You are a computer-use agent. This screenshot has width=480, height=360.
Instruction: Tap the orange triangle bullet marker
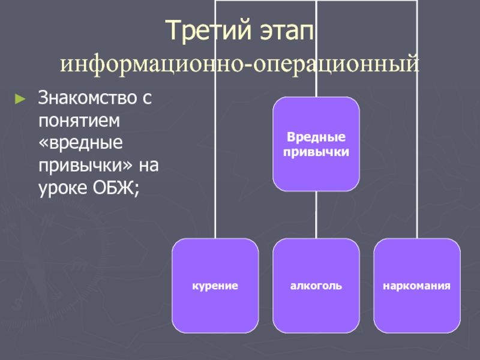[x=21, y=97]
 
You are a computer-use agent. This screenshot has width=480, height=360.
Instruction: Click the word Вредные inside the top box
[x=316, y=137]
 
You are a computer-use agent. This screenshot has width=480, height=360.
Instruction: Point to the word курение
[x=215, y=286]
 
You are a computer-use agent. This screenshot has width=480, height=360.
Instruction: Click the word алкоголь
[x=316, y=286]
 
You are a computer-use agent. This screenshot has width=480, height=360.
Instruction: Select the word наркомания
[x=417, y=286]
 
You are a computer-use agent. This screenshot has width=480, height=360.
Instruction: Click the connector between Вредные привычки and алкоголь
[x=316, y=215]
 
